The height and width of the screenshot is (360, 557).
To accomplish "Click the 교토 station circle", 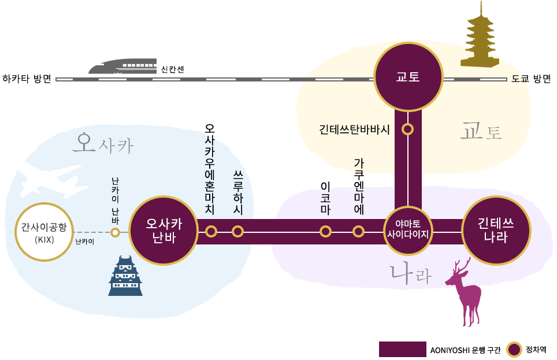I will tap(407, 77).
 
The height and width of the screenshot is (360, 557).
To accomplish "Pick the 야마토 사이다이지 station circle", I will tap(408, 232).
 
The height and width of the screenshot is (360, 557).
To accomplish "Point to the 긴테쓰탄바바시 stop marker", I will tap(408, 129).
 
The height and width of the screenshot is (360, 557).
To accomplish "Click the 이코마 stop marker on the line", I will tap(325, 232).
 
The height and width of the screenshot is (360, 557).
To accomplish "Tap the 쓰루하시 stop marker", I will tap(238, 232).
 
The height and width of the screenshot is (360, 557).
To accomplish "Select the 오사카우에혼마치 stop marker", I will tap(211, 232).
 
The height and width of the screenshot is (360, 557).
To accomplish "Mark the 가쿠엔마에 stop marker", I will tap(359, 232).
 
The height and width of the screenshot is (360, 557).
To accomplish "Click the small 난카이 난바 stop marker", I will tap(115, 232).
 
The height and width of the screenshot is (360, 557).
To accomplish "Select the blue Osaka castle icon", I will tap(125, 277).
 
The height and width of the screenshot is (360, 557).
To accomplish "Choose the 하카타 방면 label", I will tap(27, 79).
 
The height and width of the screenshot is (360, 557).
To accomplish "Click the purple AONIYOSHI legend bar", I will tap(402, 350).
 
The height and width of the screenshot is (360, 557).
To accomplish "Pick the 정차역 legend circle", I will tap(514, 350).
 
